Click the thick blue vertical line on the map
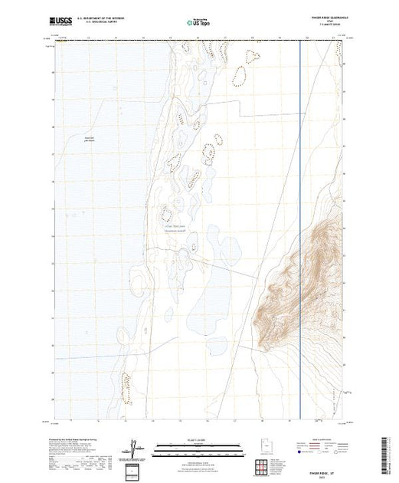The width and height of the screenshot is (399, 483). tap(299, 153)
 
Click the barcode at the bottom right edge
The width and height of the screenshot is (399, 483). tap(389, 452)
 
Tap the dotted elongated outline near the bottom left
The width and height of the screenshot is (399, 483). tap(126, 387)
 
